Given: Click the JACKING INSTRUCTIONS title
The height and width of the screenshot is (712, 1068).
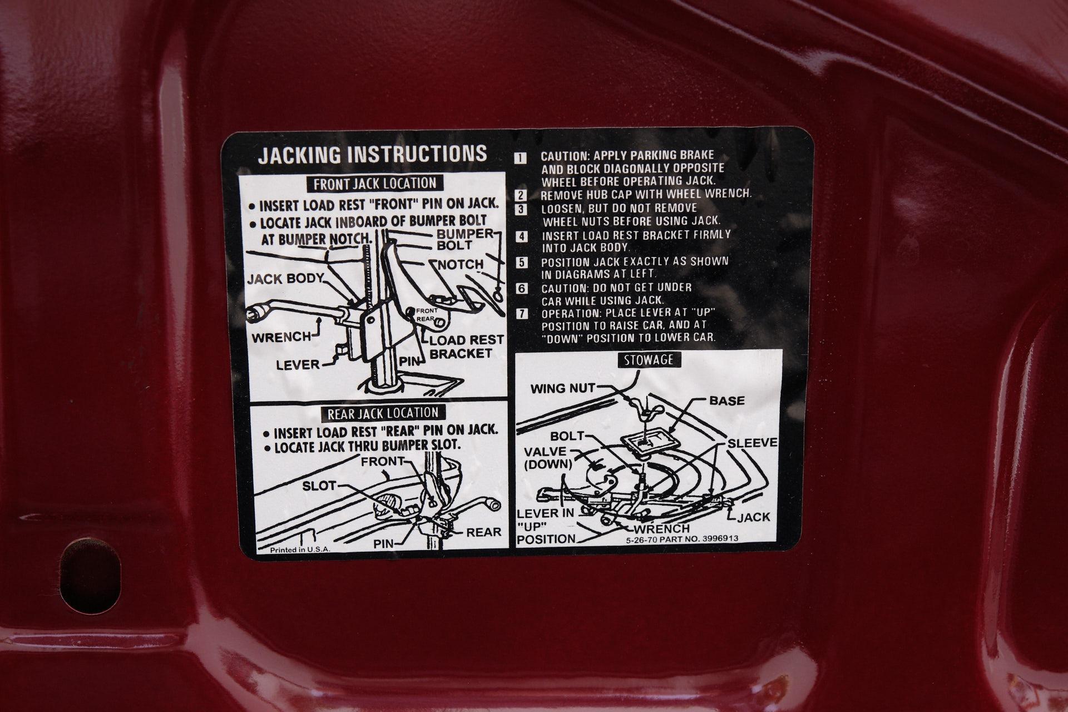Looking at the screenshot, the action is [x=372, y=154].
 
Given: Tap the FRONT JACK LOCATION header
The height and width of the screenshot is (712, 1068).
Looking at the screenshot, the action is [x=375, y=183].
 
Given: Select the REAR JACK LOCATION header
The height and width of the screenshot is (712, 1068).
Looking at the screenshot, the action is [x=383, y=412].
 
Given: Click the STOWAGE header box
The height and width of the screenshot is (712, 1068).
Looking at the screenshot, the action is [x=649, y=360].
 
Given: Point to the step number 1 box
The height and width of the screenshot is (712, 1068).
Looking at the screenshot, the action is [x=520, y=157].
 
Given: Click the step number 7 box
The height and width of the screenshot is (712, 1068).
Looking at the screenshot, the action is [x=521, y=313].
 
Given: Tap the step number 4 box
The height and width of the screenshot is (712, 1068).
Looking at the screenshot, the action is [x=521, y=236].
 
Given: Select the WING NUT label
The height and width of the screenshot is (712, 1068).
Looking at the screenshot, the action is [x=562, y=388].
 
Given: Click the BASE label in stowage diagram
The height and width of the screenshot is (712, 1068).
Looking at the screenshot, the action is [x=726, y=400].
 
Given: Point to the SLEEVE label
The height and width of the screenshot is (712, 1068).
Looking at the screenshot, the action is [x=752, y=443].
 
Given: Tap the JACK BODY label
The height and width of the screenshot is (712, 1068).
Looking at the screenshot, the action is [x=285, y=279].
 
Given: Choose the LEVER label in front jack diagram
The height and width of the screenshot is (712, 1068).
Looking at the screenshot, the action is [x=299, y=365].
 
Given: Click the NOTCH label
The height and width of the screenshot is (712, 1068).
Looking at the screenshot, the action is [x=461, y=265].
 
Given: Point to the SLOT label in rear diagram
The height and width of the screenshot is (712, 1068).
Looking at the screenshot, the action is [x=319, y=486].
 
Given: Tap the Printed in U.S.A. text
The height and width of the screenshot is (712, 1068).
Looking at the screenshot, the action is [x=300, y=550].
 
